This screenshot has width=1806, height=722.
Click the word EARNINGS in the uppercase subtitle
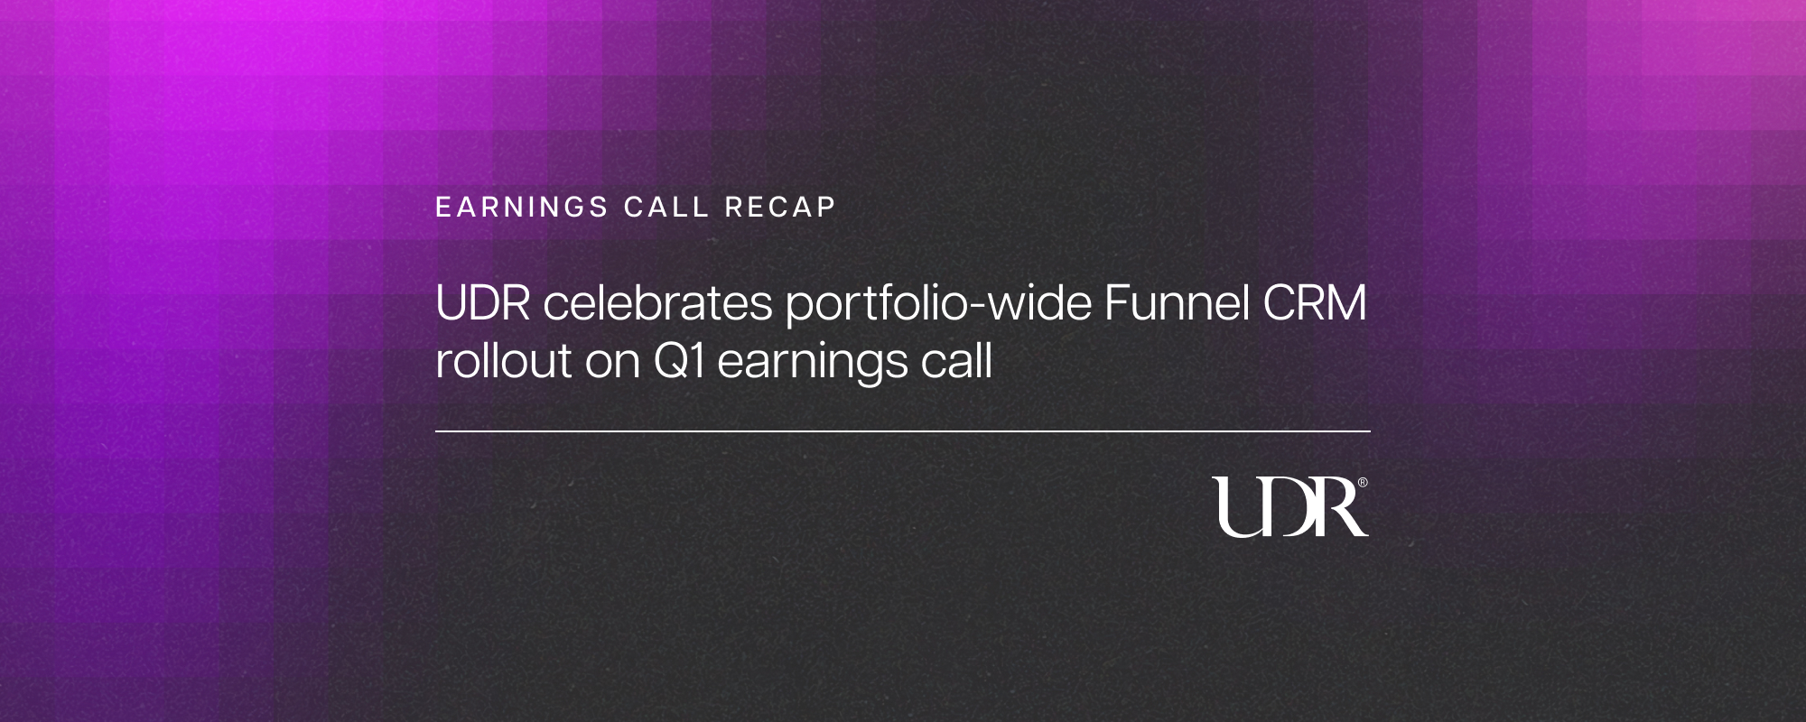click(x=522, y=208)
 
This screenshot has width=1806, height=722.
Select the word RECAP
click(x=780, y=208)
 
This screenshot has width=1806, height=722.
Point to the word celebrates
click(x=657, y=303)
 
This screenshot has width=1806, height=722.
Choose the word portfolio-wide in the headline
click(x=938, y=305)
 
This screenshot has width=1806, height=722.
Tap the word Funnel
click(x=1177, y=303)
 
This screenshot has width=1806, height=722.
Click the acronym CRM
click(x=1315, y=303)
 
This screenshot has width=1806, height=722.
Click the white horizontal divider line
click(x=903, y=431)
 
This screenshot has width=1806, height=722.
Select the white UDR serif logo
click(x=1289, y=507)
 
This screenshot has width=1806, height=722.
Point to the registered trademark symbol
click(x=1363, y=483)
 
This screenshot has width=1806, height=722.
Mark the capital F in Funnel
click(x=1116, y=303)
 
